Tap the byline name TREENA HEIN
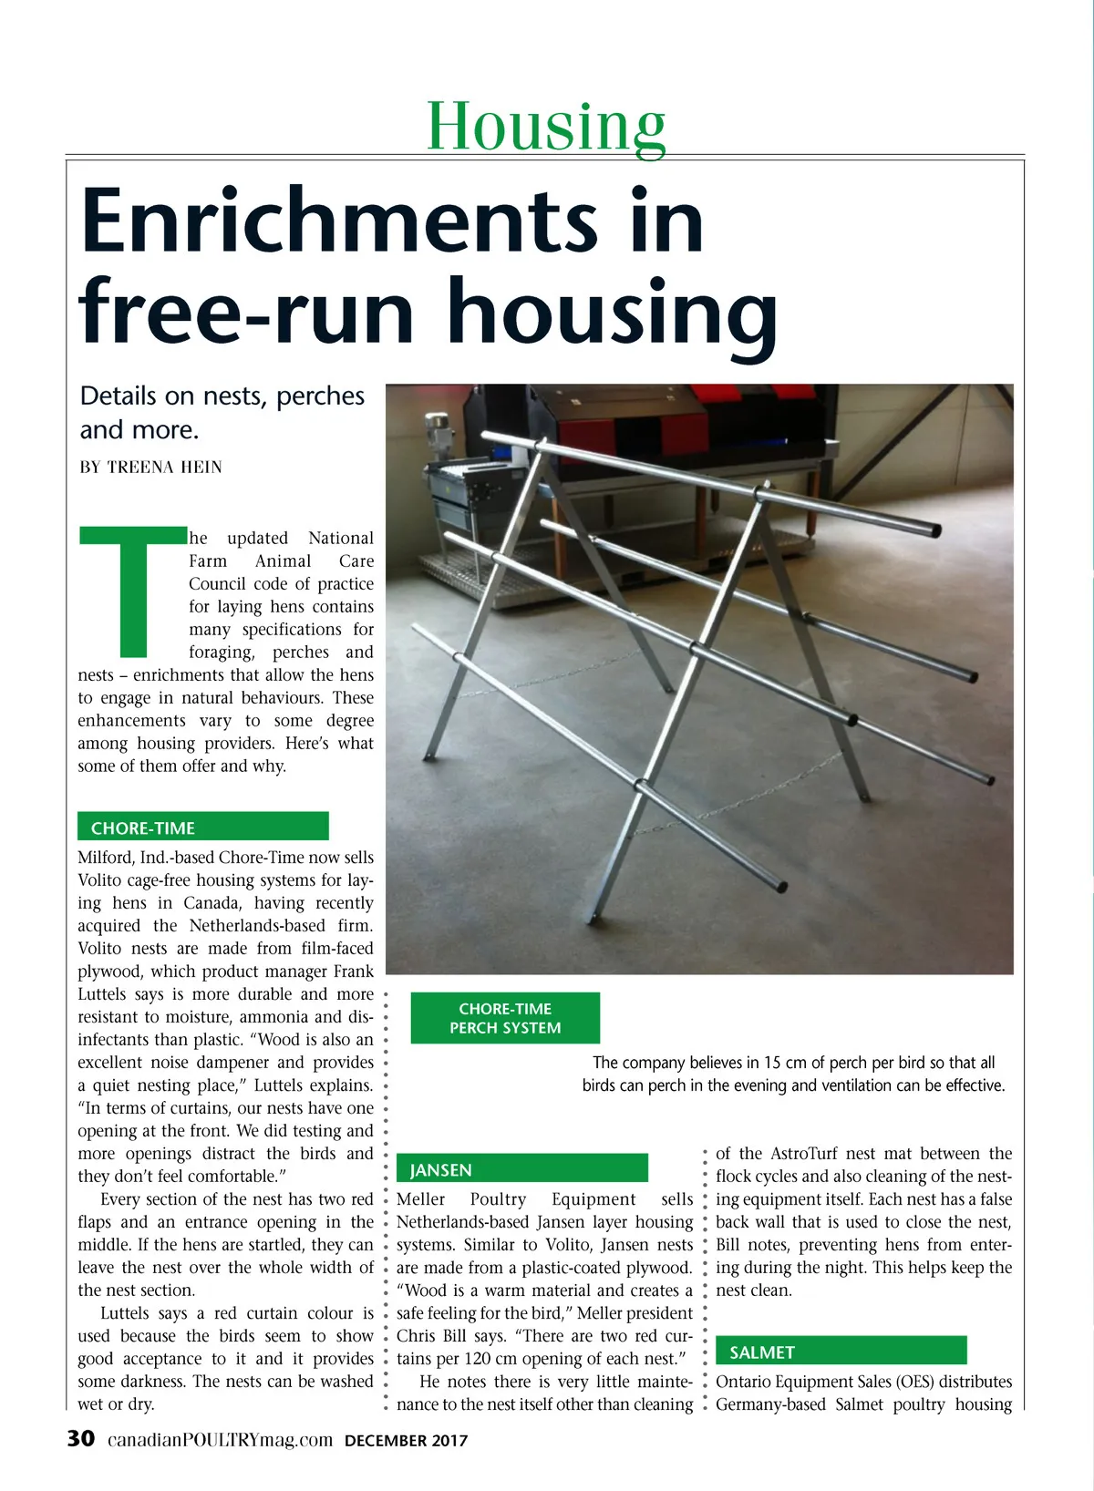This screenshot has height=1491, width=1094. (164, 468)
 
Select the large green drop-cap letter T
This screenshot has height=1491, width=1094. (133, 590)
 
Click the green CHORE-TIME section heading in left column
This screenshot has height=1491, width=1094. (143, 828)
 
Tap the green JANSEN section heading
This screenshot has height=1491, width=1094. (440, 1169)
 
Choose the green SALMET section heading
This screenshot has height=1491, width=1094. (762, 1352)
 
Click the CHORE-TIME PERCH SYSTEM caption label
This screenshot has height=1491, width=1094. (505, 1018)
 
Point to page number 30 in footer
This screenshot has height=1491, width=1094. (81, 1439)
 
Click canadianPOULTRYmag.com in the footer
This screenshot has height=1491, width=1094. (220, 1440)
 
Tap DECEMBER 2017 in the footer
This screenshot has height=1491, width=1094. (406, 1441)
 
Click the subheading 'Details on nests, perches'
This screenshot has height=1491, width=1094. (222, 396)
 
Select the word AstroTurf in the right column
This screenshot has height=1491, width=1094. (804, 1154)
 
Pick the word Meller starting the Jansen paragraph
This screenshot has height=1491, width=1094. (421, 1199)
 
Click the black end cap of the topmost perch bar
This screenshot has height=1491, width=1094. (935, 530)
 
